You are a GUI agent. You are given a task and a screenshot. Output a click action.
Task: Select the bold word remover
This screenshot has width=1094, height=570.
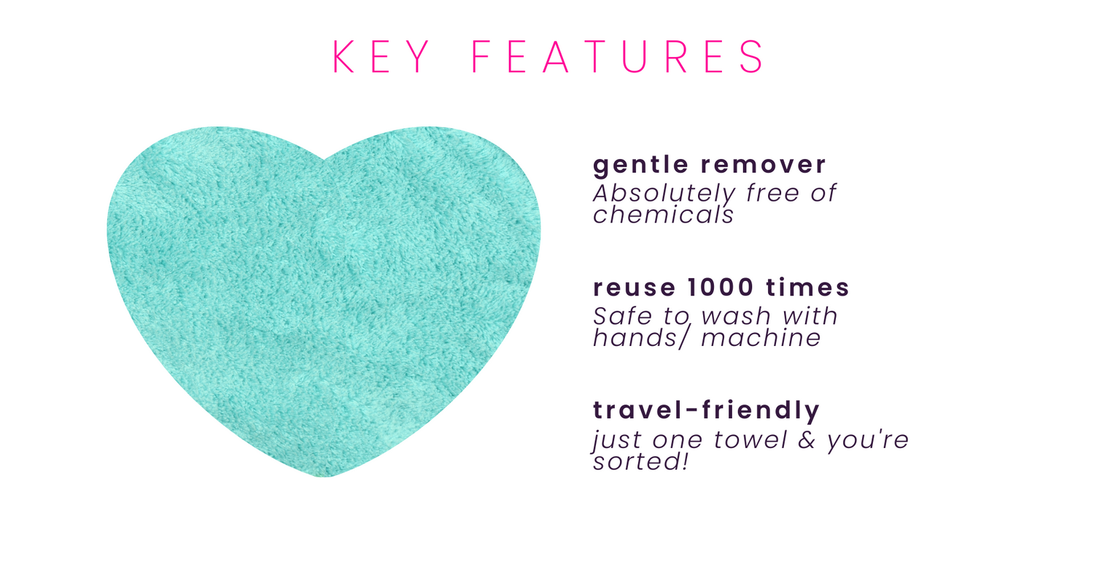[764, 165]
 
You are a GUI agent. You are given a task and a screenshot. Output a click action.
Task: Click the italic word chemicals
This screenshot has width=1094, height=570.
[663, 215]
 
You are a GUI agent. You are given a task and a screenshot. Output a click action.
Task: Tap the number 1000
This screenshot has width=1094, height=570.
[721, 288]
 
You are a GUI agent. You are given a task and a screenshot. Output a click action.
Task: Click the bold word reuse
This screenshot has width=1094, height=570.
[635, 288]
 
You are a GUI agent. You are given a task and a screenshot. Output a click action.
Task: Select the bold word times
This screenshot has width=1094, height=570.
[808, 288]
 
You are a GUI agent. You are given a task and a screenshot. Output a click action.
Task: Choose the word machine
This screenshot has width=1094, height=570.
[761, 338]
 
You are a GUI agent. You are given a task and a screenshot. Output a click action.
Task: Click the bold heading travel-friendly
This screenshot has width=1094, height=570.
[706, 410]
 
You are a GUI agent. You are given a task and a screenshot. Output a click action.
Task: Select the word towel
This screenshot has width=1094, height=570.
[750, 439]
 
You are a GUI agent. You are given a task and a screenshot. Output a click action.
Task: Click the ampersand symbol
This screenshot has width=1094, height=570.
[807, 439]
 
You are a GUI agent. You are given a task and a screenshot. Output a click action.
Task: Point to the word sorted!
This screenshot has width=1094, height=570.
[641, 461]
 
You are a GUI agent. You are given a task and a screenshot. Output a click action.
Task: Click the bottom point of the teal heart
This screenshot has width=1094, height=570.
[325, 477]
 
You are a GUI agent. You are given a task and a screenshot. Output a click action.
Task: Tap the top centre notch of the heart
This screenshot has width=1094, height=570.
[324, 159]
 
